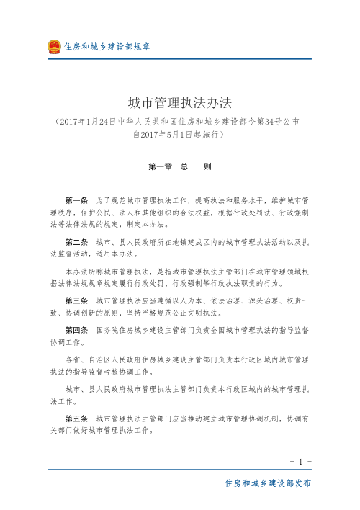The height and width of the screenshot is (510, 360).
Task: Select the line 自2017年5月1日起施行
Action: [179, 133]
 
